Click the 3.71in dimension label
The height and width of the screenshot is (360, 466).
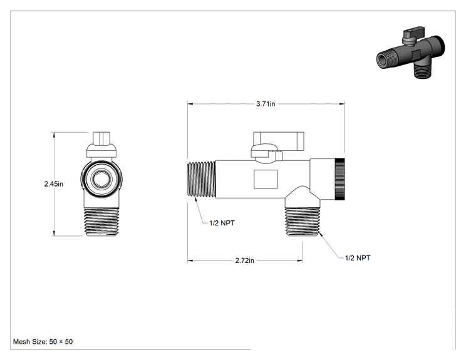266,104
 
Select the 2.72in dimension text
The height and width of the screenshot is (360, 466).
245,260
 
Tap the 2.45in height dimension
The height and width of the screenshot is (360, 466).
54,184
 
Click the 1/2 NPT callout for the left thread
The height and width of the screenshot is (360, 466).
222,223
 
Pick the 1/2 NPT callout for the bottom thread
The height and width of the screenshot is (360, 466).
358,258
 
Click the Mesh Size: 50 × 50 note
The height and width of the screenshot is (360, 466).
43,342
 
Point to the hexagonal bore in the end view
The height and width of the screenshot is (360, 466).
101,179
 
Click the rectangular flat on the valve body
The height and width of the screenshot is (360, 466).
266,179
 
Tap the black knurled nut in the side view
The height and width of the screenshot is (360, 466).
340,179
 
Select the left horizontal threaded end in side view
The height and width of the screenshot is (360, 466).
202,179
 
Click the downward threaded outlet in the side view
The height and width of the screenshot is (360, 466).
303,222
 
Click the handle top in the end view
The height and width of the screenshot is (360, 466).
101,138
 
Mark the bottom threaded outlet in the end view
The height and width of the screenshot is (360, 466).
101,222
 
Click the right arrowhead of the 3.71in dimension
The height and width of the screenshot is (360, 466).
342,104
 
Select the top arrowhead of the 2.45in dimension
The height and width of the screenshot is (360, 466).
54,135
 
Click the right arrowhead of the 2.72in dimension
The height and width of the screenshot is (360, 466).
299,261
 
